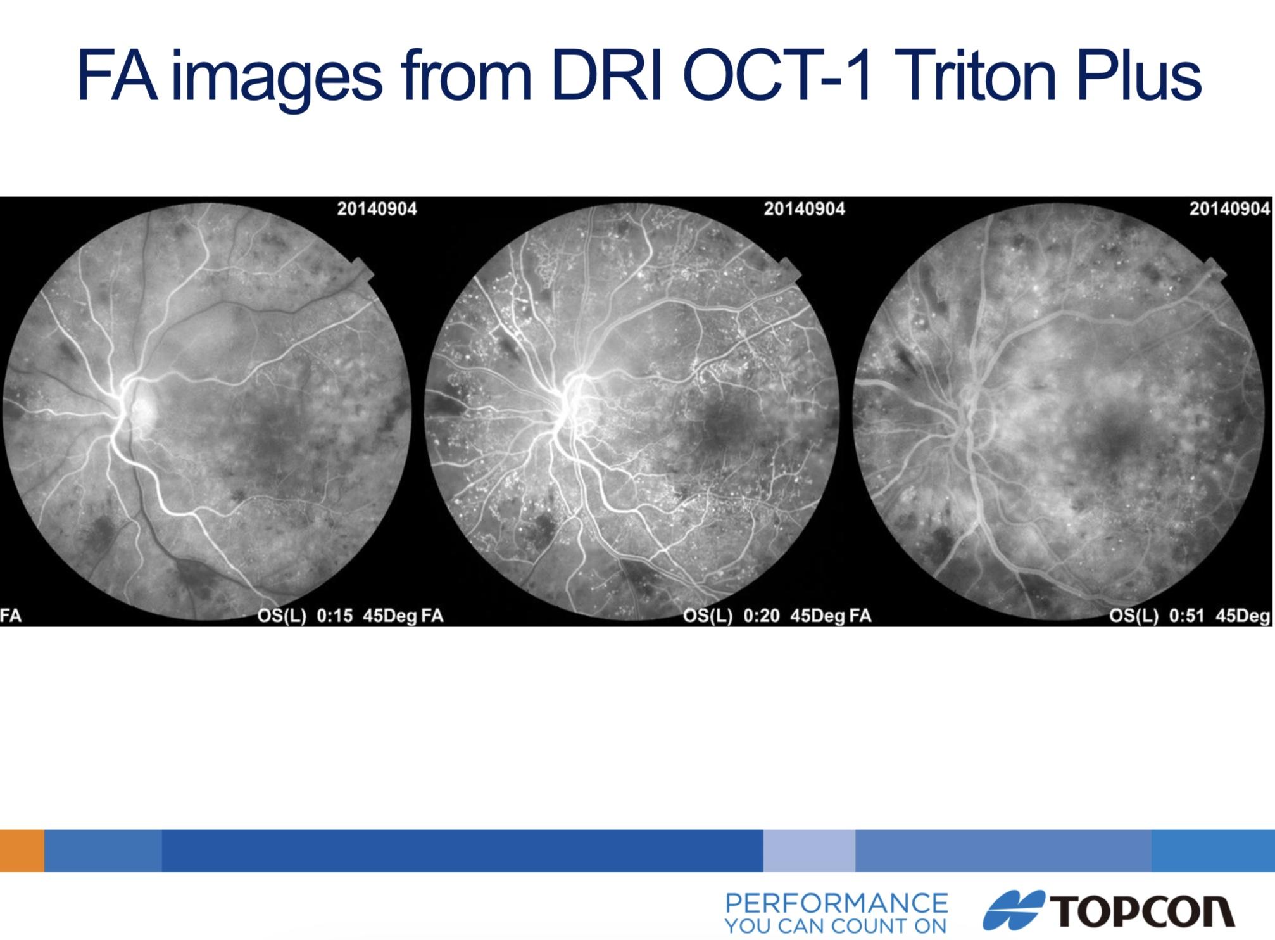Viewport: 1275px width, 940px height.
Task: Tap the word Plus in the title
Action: pos(1138,76)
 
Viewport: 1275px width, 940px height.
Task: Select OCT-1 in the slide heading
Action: pos(778,76)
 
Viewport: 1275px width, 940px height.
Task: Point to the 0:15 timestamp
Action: pos(334,616)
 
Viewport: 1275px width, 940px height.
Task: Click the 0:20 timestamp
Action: pos(761,616)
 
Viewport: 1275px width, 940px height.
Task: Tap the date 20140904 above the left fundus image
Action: pos(377,209)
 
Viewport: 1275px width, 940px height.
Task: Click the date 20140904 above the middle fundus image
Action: pos(804,209)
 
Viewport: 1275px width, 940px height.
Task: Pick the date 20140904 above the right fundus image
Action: pos(1229,209)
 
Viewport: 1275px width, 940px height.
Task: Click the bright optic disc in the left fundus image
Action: pos(138,405)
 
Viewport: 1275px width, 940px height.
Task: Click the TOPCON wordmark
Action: pos(1143,911)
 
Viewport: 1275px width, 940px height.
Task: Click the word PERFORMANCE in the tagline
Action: pos(836,903)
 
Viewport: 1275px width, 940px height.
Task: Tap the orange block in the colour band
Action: pos(22,850)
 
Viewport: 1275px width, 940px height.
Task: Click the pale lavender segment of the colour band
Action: pos(809,850)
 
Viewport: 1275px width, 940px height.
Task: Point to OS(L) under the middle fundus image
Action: pos(708,616)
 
